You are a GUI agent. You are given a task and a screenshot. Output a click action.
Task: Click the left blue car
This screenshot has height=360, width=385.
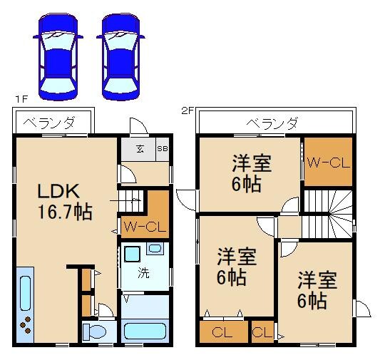(56, 56)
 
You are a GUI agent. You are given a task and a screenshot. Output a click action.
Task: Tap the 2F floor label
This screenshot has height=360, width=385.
(187, 110)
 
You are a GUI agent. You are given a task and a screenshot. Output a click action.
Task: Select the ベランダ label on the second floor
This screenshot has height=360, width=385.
(272, 123)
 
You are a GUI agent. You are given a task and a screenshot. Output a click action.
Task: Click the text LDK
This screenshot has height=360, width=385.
(63, 191)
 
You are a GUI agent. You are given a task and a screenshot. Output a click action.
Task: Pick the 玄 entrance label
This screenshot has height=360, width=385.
(140, 148)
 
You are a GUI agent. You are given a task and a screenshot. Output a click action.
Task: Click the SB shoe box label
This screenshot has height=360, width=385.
(161, 148)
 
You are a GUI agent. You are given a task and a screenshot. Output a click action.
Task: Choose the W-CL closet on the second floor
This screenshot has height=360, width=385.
(328, 162)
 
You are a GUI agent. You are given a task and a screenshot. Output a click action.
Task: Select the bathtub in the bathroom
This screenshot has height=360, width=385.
(145, 331)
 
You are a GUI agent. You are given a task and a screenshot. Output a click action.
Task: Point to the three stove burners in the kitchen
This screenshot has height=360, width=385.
(26, 325)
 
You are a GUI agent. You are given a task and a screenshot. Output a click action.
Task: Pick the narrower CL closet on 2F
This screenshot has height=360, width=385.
(262, 331)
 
